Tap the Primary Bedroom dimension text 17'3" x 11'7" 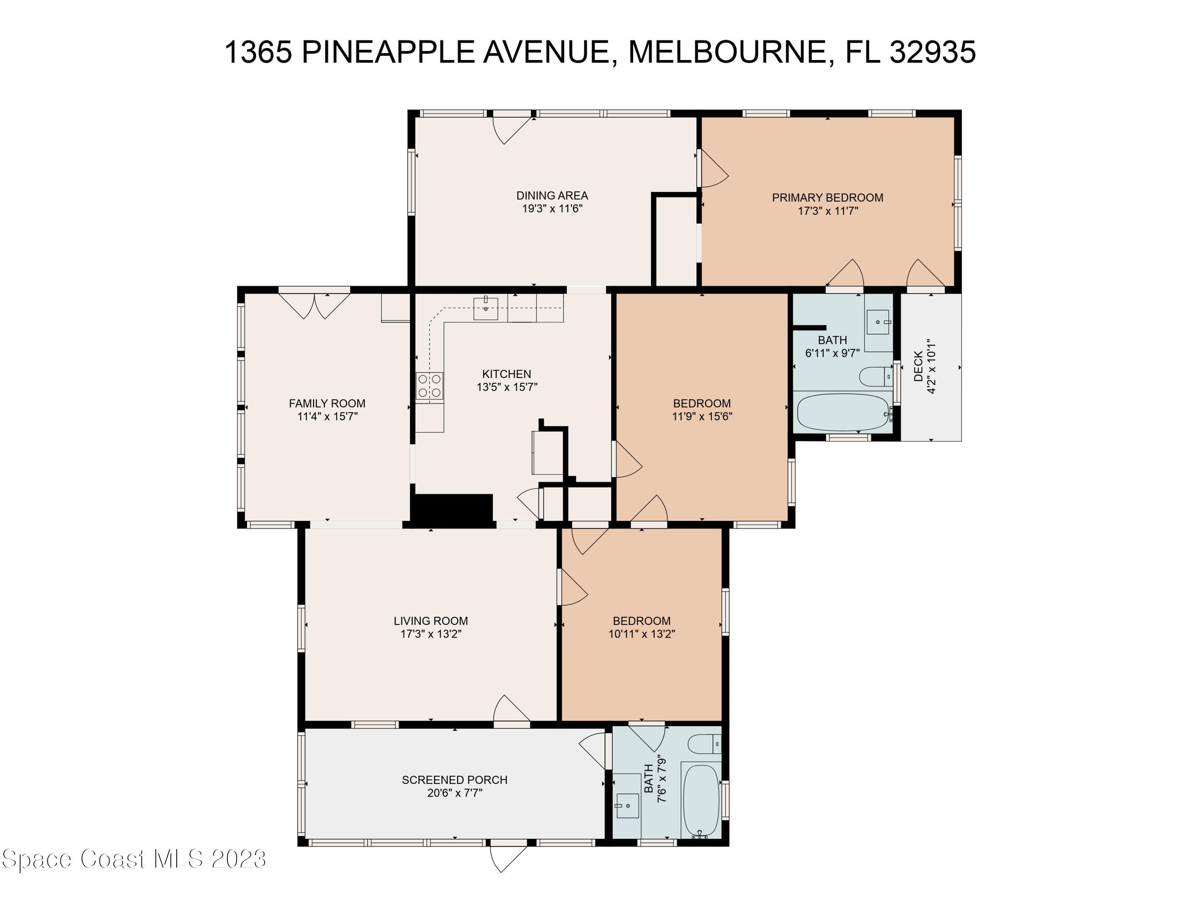[x=828, y=211]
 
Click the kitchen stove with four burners [x=429, y=386]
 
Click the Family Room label [x=327, y=404]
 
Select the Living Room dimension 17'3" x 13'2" [x=431, y=634]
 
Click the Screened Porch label [x=455, y=780]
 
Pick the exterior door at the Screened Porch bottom [x=508, y=856]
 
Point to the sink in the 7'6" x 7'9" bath [x=627, y=805]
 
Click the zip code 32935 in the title [x=933, y=52]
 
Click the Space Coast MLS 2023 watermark [x=134, y=859]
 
